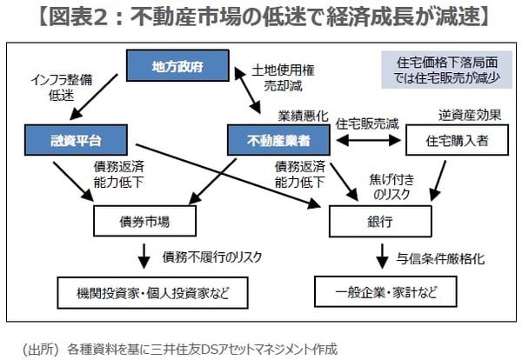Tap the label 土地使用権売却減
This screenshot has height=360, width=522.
click(x=278, y=76)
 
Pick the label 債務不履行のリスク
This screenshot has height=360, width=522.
click(x=206, y=257)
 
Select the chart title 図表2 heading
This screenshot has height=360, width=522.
click(x=261, y=17)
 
